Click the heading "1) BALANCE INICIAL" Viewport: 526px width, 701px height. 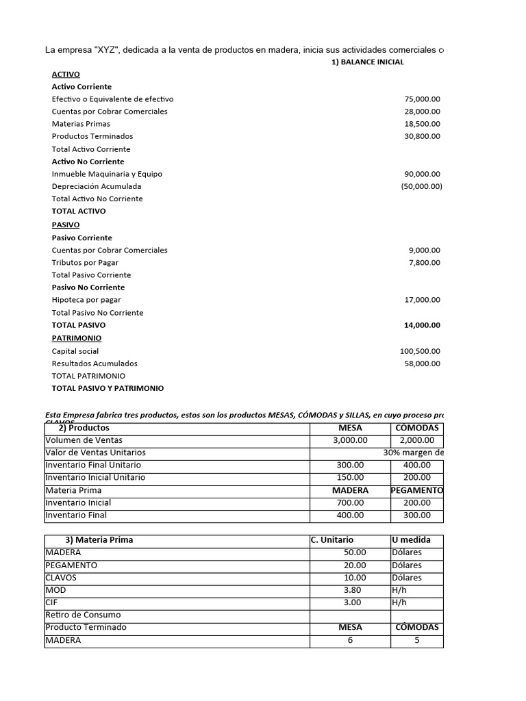coord(367,62)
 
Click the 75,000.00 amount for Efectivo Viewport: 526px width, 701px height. coord(422,99)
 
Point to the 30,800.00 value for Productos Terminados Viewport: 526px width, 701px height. coord(422,136)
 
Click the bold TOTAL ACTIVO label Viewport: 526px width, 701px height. coord(79,211)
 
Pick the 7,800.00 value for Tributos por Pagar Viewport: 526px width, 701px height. coord(424,262)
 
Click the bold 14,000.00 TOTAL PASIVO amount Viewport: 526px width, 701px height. coord(422,325)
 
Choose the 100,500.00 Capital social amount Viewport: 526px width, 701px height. coord(420,351)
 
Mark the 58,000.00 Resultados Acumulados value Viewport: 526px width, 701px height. coord(422,364)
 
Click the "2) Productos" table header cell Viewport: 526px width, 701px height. coord(88,428)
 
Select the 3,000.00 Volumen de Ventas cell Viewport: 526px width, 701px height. coord(350,440)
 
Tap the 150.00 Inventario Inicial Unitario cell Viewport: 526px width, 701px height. coord(350,477)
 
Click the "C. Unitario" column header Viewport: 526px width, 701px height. coord(332,539)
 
